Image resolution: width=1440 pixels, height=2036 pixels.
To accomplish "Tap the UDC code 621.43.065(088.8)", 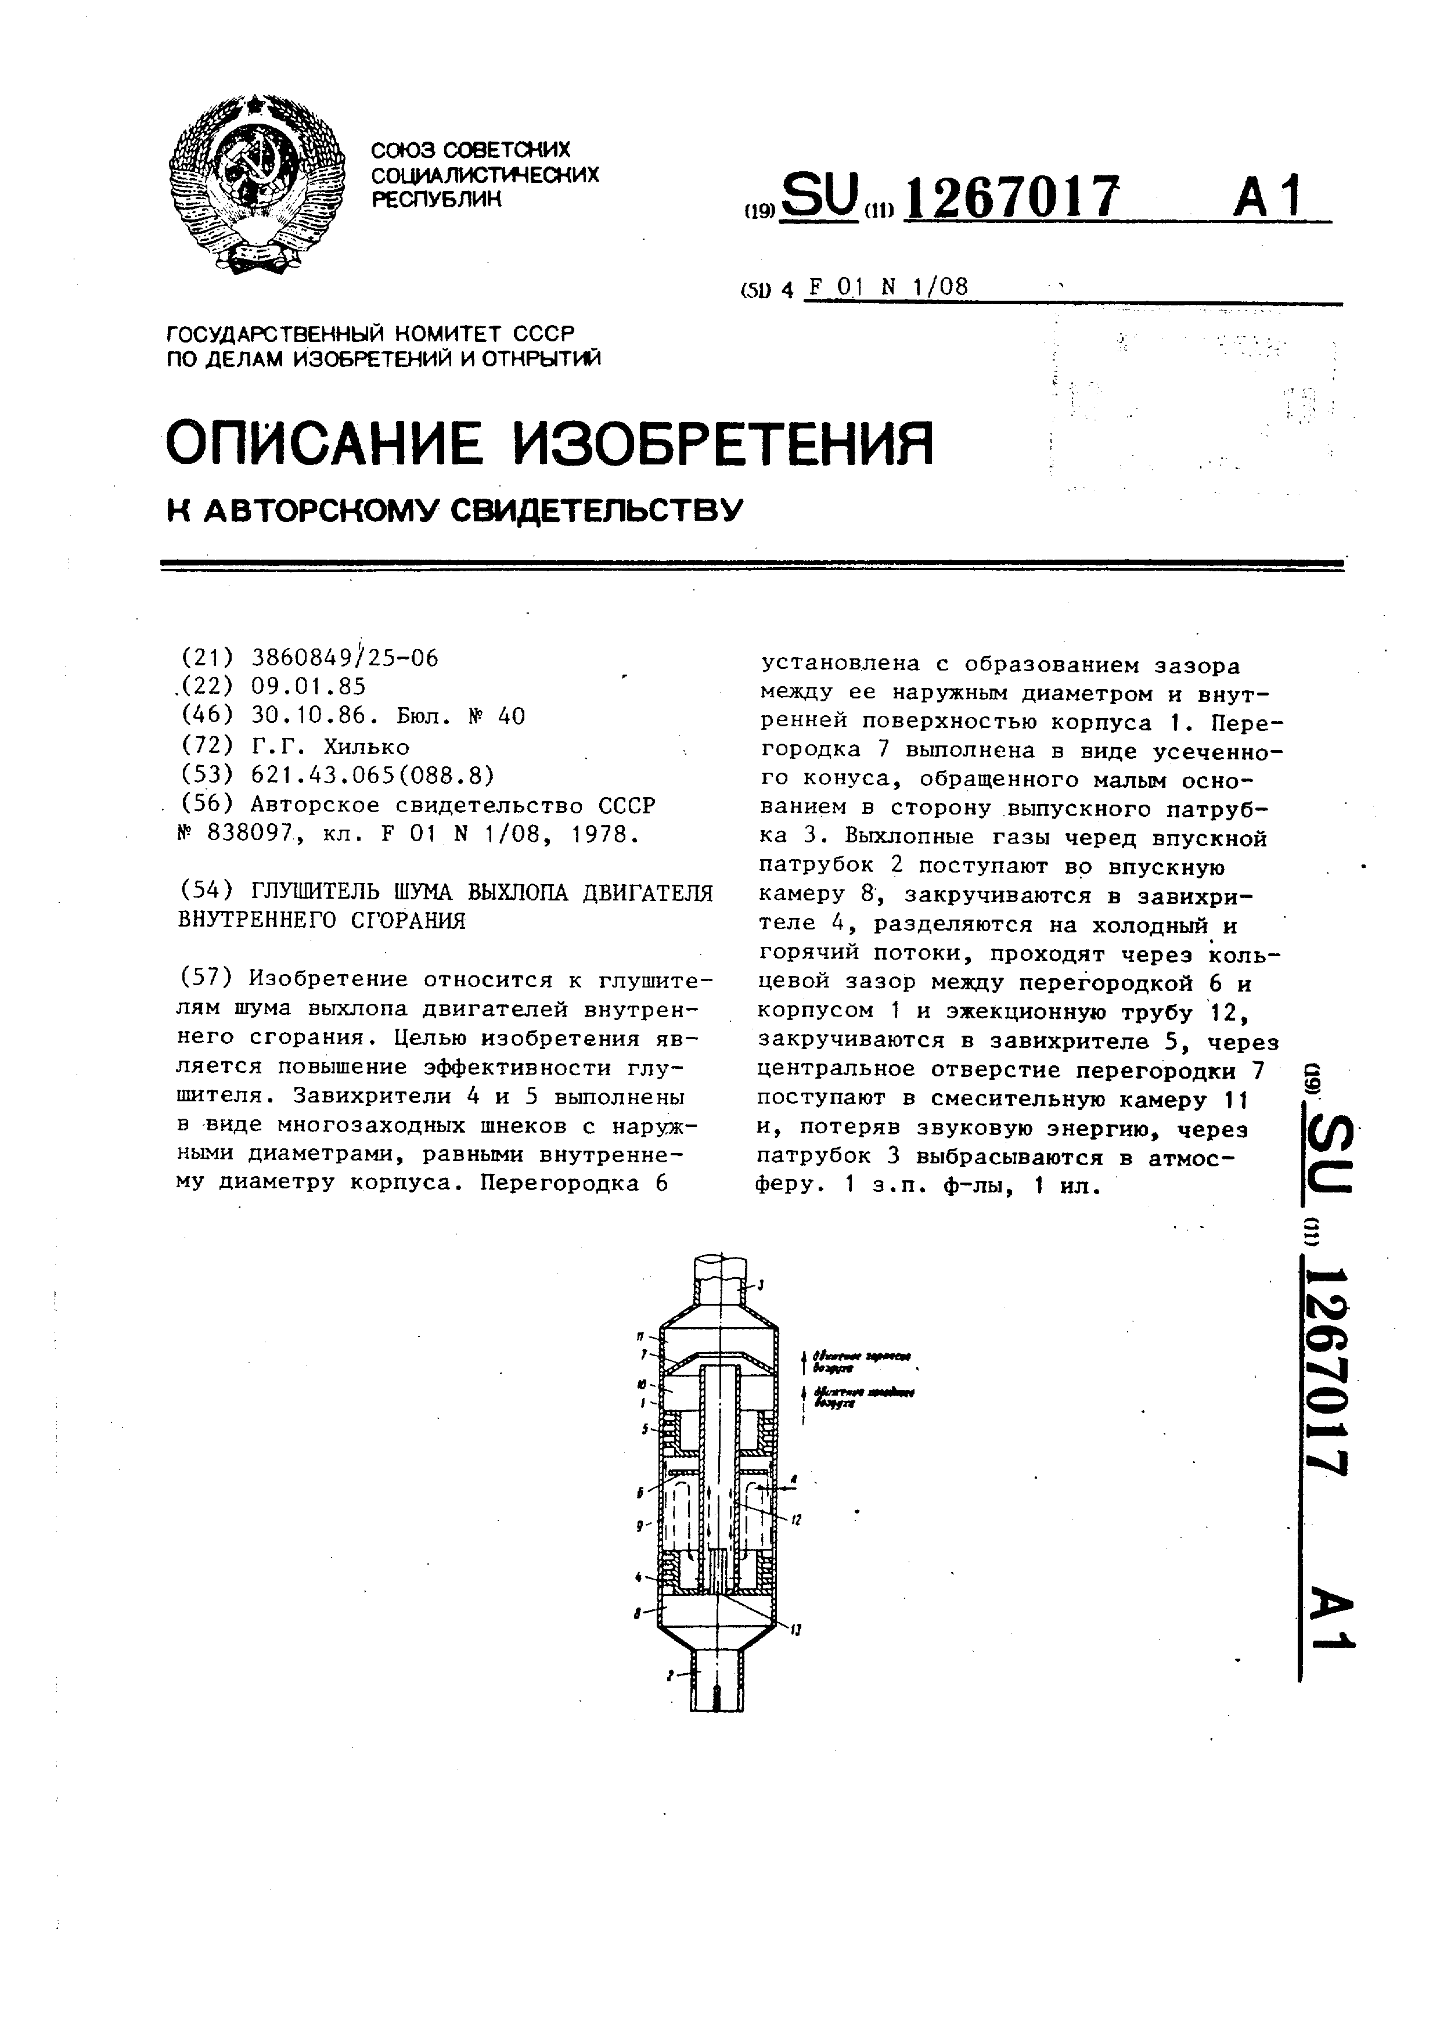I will [372, 776].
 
